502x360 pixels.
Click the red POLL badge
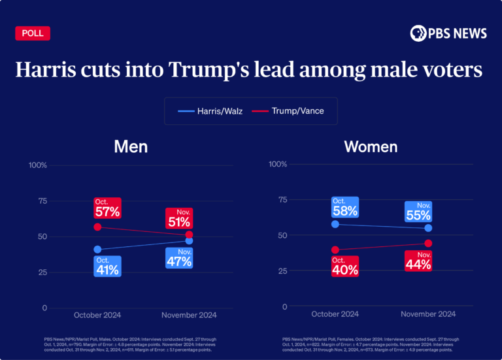coord(32,33)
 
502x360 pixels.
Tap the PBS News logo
coord(448,33)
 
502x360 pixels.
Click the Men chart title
coord(131,146)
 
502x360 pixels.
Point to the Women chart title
coord(371,146)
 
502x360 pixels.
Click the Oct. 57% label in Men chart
coord(107,208)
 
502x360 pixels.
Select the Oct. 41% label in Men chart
coord(107,266)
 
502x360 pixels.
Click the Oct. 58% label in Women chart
coord(344,207)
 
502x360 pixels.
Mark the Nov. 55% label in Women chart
coord(418,212)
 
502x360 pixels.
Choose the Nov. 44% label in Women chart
coord(418,261)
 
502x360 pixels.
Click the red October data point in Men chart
coord(97,227)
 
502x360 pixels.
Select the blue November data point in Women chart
coord(428,228)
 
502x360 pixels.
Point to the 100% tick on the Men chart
coord(38,165)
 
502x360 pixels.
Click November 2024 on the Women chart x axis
coord(428,314)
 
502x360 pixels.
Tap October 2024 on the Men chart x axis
coord(97,315)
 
